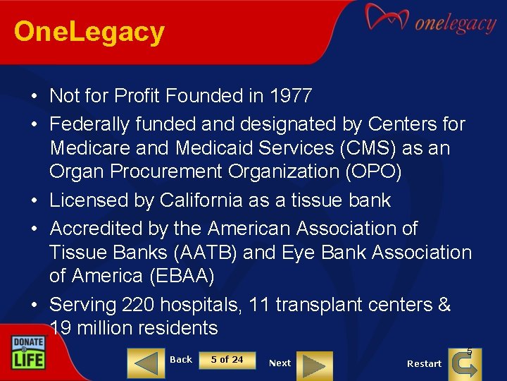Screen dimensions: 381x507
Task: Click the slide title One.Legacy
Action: coord(89,32)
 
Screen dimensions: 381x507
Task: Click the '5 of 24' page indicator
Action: coord(227,360)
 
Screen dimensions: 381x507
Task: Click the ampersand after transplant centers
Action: coord(444,305)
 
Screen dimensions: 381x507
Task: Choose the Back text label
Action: coord(181,360)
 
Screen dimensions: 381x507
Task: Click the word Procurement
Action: coord(159,171)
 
